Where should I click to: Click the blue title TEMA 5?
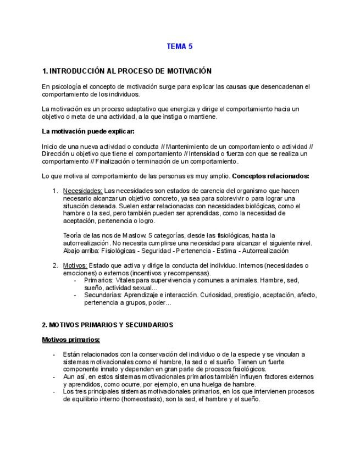180,47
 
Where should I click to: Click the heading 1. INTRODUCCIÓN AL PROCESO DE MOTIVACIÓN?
126,71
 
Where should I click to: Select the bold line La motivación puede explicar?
88,131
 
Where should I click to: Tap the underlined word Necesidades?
82,191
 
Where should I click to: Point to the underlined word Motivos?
75,265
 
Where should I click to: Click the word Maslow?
122,236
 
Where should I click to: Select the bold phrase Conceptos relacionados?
271,176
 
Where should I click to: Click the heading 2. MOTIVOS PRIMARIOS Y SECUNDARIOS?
108,325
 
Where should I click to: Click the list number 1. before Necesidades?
55,191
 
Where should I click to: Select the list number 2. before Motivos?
55,265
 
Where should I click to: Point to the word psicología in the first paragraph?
67,87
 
